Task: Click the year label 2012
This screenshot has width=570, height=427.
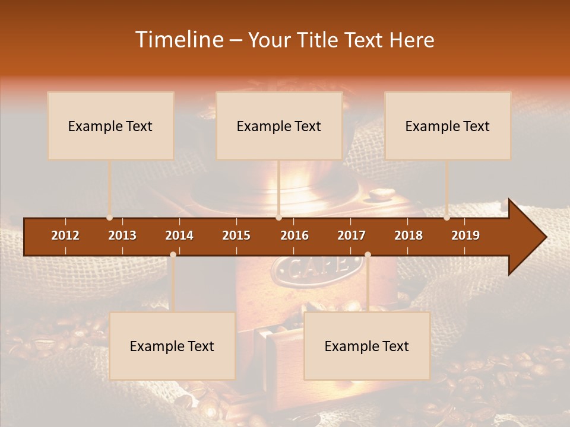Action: [65, 235]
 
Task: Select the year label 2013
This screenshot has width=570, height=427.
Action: [122, 235]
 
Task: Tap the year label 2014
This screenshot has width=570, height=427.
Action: [179, 235]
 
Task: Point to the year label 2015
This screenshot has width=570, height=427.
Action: [236, 235]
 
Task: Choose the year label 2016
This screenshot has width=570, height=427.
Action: [294, 235]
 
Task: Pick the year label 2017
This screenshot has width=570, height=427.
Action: [351, 235]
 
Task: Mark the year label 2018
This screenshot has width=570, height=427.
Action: [408, 235]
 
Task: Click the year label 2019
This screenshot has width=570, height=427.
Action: [465, 235]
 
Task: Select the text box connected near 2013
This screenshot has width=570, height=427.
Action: [110, 126]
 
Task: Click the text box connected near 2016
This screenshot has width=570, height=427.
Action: [279, 126]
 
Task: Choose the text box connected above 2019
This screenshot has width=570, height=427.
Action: [448, 126]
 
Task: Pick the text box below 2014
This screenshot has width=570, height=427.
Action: [172, 346]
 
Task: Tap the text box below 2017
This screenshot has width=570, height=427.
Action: [367, 346]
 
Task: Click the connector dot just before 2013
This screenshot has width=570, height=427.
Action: [109, 218]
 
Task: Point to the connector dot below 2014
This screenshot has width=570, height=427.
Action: [173, 254]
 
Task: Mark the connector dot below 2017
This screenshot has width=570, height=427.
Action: [368, 254]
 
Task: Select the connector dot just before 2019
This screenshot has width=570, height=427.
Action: [446, 218]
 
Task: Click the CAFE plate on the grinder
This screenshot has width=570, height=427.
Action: [310, 270]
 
